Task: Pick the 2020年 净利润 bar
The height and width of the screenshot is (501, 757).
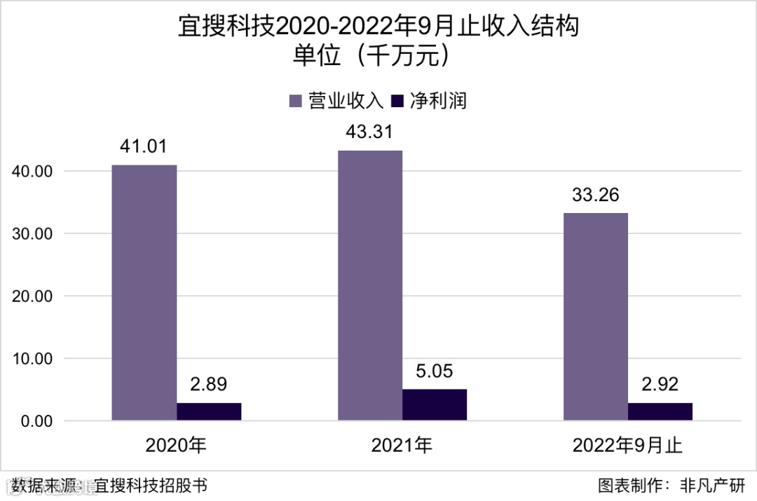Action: click(x=209, y=411)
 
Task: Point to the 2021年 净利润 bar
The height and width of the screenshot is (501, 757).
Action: click(x=435, y=405)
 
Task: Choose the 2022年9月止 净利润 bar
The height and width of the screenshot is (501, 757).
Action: click(x=660, y=411)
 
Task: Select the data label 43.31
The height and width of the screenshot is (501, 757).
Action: click(x=370, y=132)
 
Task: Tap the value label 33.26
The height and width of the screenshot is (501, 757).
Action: click(x=596, y=195)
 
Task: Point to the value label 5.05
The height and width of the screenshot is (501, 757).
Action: click(x=435, y=371)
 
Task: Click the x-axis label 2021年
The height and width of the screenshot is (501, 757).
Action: click(x=402, y=445)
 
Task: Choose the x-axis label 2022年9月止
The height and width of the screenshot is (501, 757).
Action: click(x=627, y=445)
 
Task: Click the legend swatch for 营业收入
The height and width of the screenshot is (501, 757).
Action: click(x=296, y=101)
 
